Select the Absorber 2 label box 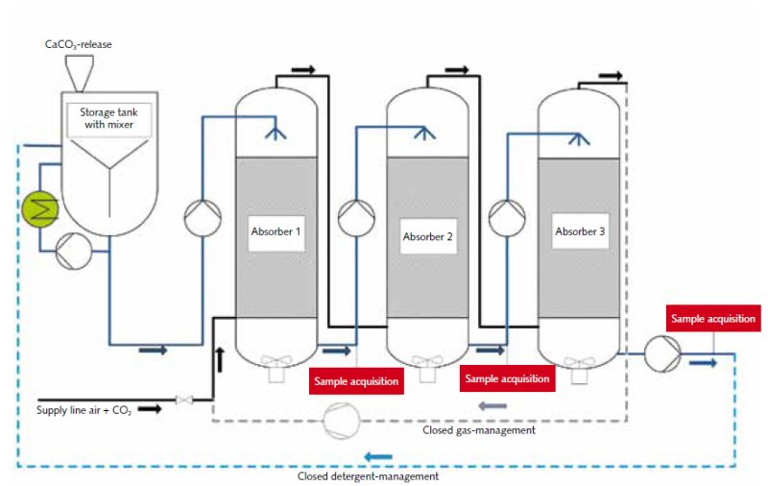[427, 236]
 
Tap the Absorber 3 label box [580, 231]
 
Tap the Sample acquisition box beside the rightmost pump [712, 318]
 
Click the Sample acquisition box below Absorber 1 [356, 380]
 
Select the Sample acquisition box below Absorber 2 [507, 378]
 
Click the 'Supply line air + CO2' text [84, 411]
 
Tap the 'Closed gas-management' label [479, 430]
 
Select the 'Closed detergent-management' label [369, 475]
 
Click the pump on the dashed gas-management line [340, 420]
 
